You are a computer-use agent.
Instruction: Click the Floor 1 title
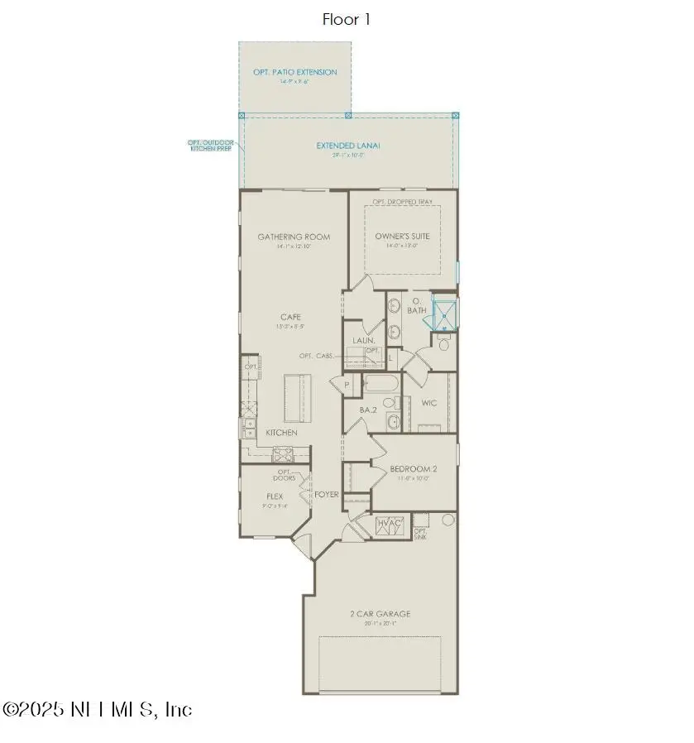coord(347,19)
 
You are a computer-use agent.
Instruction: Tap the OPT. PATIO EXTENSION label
coord(294,73)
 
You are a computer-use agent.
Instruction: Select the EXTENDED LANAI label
coord(347,146)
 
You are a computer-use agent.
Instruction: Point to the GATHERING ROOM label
coord(294,237)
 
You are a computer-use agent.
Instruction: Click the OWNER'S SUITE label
coord(403,237)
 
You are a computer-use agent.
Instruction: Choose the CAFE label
coord(290,317)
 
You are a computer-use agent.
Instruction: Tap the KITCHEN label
coord(281,433)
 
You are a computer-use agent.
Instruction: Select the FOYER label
coord(326,495)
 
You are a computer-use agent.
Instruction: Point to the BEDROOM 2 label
coord(413,469)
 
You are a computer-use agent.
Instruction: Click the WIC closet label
coord(428,404)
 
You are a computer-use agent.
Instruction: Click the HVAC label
coord(389,524)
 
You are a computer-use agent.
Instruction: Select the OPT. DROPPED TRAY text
coord(403,202)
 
